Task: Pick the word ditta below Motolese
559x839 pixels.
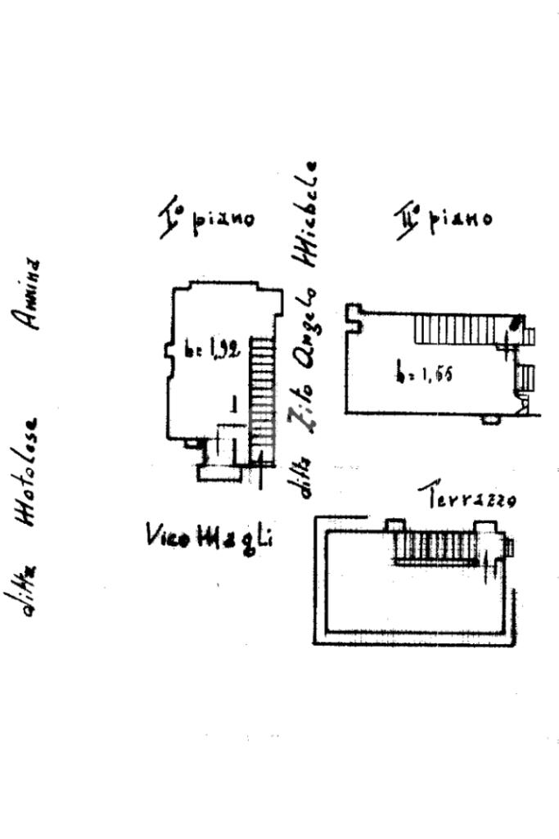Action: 29,589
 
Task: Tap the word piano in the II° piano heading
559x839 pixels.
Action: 460,219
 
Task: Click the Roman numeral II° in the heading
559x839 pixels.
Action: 407,221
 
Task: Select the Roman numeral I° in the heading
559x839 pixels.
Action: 170,219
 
